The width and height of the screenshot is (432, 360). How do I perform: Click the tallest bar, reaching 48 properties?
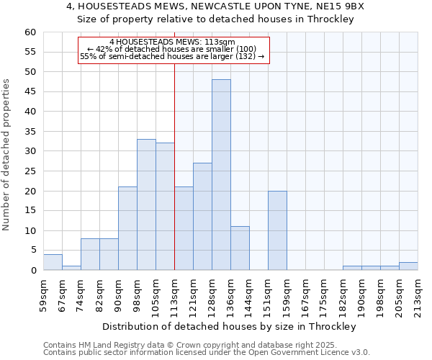[221, 175]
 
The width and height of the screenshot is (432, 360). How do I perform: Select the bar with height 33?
[146, 204]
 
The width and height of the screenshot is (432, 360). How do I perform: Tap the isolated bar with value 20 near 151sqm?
[277, 230]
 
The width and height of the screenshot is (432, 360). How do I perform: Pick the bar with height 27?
[202, 217]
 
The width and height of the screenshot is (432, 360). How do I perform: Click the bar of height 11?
[240, 248]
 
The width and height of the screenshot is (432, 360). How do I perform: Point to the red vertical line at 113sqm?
[175, 166]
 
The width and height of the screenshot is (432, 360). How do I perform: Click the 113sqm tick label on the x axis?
[174, 294]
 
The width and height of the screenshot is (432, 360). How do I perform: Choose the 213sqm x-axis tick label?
[418, 294]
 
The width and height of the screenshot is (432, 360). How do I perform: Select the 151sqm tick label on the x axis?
[268, 294]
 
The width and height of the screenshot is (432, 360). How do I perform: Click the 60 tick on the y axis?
[30, 32]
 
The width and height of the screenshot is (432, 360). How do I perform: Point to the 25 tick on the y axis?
[30, 171]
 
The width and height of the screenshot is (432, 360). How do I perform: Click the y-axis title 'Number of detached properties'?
[6, 155]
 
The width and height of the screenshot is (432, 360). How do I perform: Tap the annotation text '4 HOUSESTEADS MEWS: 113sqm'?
[172, 42]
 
